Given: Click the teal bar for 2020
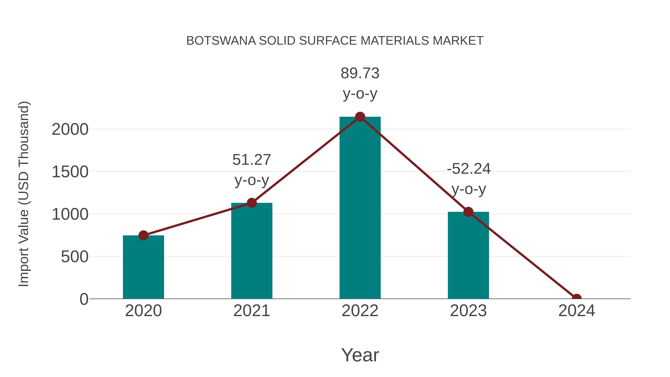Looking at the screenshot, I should (143, 268).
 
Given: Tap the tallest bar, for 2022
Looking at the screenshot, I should (360, 208).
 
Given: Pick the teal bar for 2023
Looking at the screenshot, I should (468, 256).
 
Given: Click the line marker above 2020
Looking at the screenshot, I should (143, 236).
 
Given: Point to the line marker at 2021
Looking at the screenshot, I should (251, 203).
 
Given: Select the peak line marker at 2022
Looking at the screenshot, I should (360, 117).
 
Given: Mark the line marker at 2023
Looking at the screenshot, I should (468, 212).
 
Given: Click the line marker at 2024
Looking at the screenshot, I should (576, 298).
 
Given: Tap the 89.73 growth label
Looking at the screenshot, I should (360, 73).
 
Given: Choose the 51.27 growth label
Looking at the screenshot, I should (251, 160).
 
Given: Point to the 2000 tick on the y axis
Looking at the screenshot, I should (70, 129).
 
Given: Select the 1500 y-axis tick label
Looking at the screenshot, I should (70, 172).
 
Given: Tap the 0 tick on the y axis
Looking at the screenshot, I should (84, 299).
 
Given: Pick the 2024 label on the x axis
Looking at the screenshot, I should (576, 311).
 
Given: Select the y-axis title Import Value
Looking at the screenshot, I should (24, 194).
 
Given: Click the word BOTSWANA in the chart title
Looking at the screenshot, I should (221, 41).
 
